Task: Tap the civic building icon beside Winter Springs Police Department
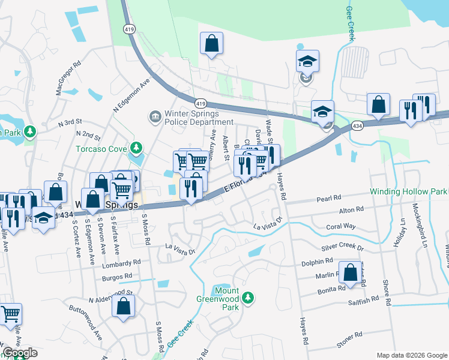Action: point(154,115)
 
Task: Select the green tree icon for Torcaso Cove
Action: point(137,148)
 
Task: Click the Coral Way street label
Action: point(341,227)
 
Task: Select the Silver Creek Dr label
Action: point(343,247)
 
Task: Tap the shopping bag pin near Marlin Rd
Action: point(350,272)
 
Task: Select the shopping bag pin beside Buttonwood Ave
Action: point(123,305)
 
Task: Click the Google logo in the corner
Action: point(20,353)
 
